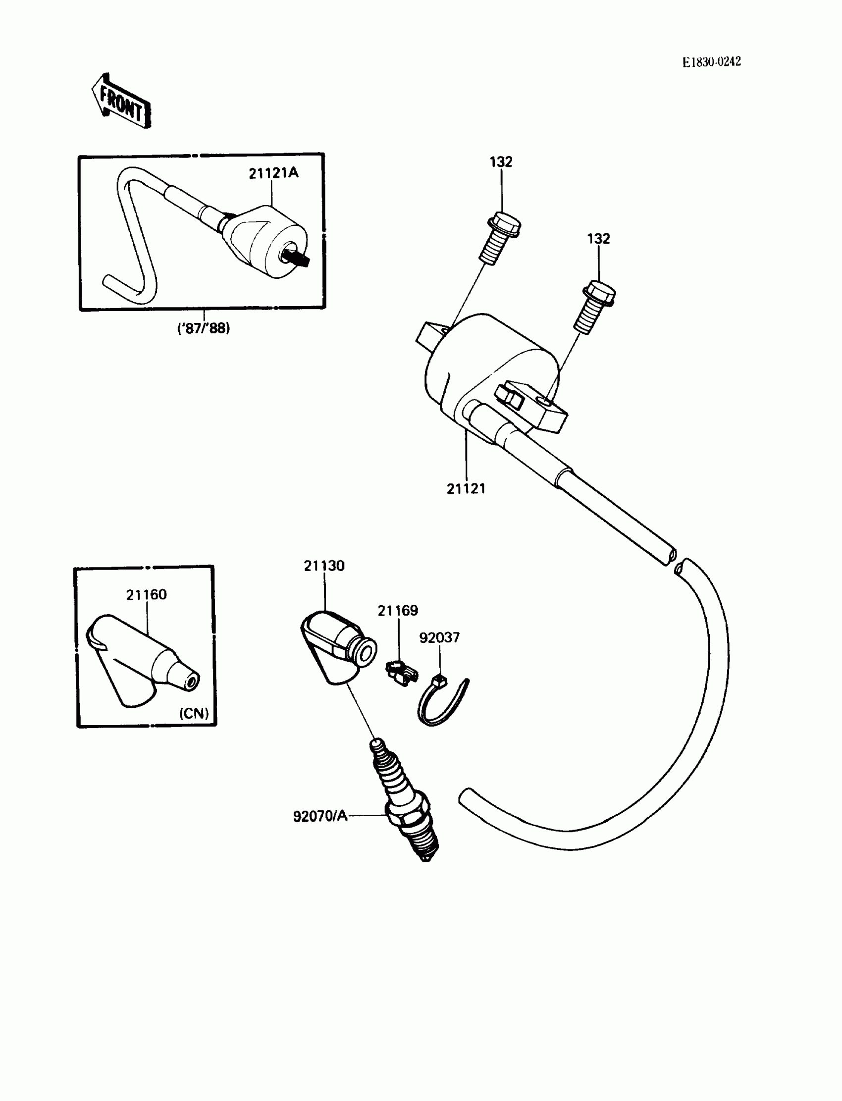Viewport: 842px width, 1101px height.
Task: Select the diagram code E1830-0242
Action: (711, 61)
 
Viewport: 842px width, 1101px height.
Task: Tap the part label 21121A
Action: (273, 173)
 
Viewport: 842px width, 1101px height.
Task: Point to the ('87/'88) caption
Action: (204, 329)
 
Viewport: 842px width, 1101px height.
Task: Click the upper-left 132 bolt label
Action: (501, 162)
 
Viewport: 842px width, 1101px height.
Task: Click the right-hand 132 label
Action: (598, 239)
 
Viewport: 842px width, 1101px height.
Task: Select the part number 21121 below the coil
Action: (466, 489)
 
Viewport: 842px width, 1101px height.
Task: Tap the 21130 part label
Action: (324, 566)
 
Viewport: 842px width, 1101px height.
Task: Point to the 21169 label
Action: (397, 610)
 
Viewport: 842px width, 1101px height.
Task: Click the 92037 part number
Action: (439, 637)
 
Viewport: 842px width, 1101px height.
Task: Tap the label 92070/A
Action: (320, 816)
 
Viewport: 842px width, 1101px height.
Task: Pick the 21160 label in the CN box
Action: (146, 595)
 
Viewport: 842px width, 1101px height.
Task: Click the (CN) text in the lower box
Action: (194, 713)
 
